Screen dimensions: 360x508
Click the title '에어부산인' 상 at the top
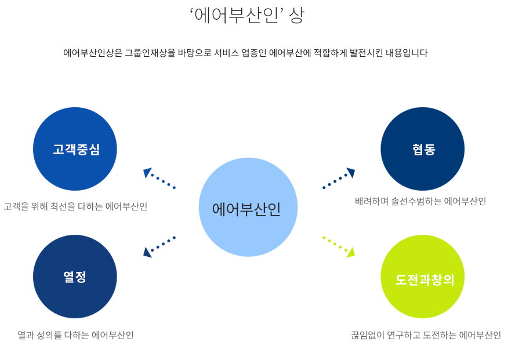[246, 16]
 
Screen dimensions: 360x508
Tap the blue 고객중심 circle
[75, 149]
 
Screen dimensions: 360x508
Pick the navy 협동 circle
[422, 149]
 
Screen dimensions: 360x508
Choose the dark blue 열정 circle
[75, 277]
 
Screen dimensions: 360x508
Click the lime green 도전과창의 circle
[422, 277]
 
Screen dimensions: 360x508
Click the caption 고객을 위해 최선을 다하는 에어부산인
[75, 206]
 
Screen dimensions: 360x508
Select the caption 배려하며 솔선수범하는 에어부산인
[420, 202]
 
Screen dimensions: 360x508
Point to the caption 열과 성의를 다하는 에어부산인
[75, 335]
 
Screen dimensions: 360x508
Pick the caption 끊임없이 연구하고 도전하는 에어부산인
[426, 335]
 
